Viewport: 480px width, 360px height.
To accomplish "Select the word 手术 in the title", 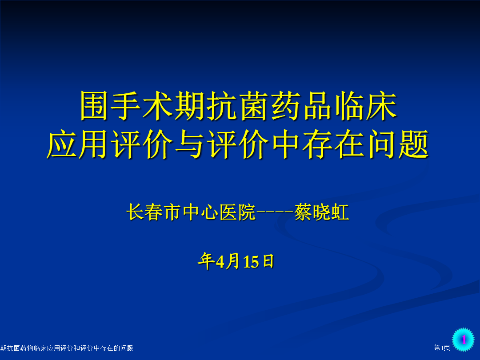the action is point(142,106).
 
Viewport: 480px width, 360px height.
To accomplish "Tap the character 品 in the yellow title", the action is point(318,106).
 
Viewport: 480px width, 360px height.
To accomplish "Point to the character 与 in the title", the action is point(190,144).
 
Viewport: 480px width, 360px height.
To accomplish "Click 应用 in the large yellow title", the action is point(78,144).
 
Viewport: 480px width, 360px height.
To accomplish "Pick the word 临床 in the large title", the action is point(366,106).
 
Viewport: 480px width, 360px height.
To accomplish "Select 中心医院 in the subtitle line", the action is point(219,212).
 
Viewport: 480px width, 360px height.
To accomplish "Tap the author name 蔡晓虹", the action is point(321,212).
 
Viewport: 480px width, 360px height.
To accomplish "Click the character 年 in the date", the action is point(206,261).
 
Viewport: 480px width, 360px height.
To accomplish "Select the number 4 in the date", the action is point(220,262).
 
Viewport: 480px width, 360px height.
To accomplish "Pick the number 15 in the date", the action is point(251,262).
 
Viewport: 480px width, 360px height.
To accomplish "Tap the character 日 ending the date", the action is point(268,261).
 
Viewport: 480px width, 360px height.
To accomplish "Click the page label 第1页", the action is point(442,348).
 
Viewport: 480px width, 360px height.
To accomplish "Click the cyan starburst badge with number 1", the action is point(463,339).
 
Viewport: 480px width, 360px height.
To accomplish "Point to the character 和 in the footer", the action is point(77,348).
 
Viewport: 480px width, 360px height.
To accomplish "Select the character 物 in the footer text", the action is point(30,348).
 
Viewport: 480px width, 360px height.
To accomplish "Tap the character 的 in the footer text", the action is point(116,348).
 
